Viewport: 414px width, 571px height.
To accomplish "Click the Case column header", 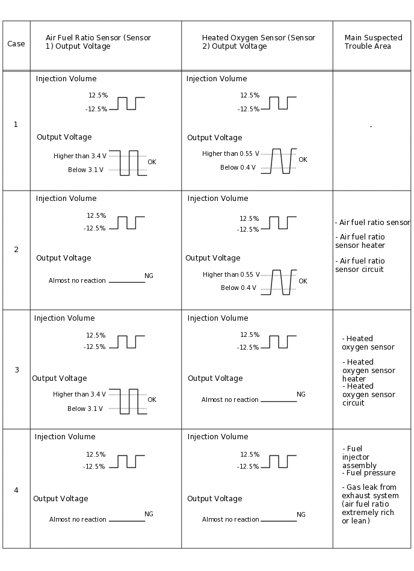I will click(x=16, y=44).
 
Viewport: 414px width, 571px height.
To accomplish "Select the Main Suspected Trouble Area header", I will click(x=368, y=42).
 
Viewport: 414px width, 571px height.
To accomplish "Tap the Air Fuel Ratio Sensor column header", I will click(x=98, y=42).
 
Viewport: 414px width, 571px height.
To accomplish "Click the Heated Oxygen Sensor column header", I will click(x=258, y=42).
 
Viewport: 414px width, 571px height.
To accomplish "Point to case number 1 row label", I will click(x=16, y=125).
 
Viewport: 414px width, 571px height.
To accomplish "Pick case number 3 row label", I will click(x=16, y=370).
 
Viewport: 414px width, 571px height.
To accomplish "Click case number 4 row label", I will click(x=16, y=490).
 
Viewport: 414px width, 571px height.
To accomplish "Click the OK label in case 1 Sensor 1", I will click(x=152, y=162).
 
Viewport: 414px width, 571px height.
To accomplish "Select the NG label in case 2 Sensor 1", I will click(x=149, y=276).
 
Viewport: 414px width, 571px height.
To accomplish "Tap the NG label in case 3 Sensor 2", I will click(x=301, y=395).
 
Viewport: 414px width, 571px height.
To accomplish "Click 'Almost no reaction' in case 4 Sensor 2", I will click(x=230, y=520).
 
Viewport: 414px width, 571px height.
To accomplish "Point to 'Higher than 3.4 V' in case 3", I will click(x=79, y=395).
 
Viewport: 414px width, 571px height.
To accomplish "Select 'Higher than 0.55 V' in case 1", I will click(x=230, y=154).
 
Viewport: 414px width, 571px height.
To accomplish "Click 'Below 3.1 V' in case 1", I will click(x=85, y=170).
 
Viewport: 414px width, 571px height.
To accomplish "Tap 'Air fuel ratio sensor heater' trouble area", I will click(x=360, y=241).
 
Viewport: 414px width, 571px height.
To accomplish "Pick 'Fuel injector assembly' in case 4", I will click(x=359, y=457).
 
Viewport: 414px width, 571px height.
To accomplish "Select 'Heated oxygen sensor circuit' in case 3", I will click(x=368, y=395).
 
